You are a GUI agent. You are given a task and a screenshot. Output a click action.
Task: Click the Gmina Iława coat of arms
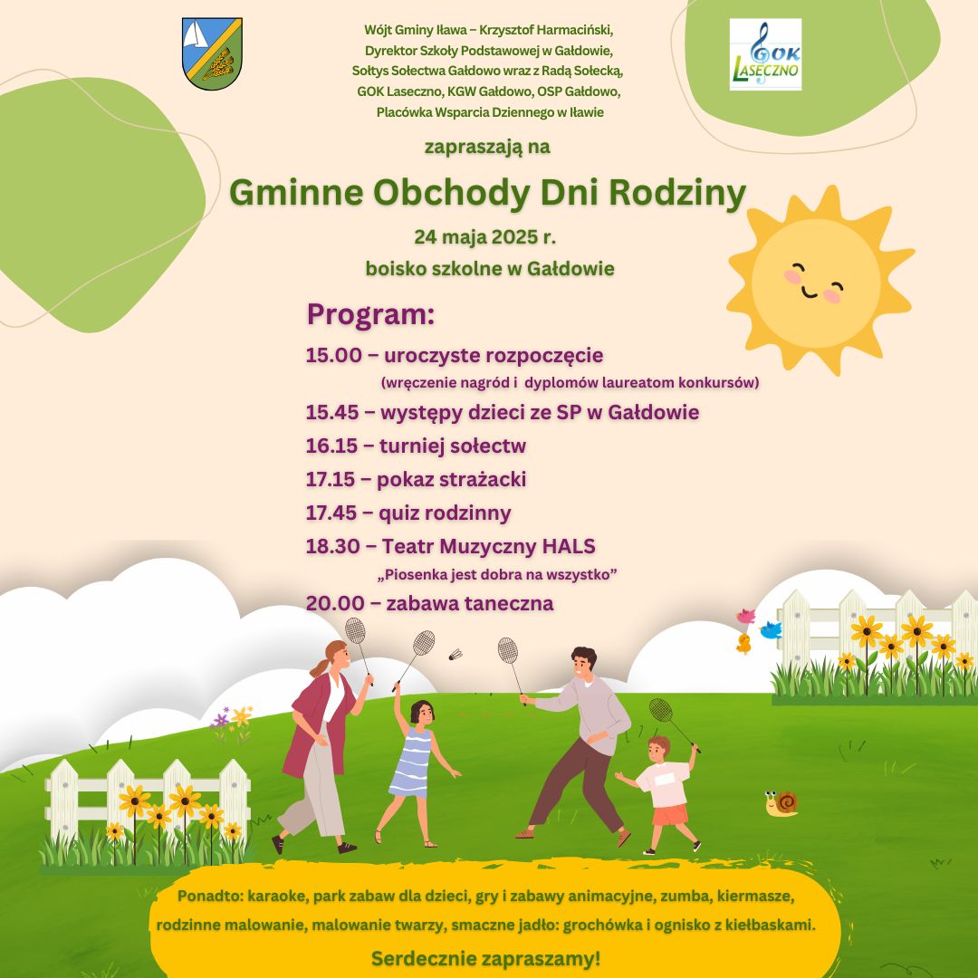[x=212, y=53]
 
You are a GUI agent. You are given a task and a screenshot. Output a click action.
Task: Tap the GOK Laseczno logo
[x=765, y=54]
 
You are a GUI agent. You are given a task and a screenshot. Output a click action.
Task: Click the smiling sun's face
[x=815, y=283]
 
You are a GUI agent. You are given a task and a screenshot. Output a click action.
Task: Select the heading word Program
[x=370, y=313]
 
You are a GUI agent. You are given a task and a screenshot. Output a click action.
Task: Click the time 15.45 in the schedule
[x=331, y=412]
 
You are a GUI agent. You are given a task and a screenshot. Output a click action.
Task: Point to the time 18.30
[x=332, y=546]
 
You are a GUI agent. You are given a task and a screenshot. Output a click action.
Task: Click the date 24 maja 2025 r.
[x=484, y=237]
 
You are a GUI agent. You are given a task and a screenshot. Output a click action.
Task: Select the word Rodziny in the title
[x=677, y=193]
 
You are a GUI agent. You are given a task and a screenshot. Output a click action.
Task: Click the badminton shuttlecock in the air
[x=455, y=655]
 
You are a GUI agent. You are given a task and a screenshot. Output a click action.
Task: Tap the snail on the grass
[x=781, y=803]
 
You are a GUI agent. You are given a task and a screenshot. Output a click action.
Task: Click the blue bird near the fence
[x=771, y=629]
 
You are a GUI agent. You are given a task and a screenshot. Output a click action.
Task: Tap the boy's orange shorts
[x=670, y=815]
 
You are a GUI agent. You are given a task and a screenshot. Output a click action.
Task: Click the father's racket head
[x=507, y=650]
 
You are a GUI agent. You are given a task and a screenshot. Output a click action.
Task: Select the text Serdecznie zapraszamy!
[x=486, y=958]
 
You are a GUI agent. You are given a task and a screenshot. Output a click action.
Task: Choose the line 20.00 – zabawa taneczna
[x=430, y=603]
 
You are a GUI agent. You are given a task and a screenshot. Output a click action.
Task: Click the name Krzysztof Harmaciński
[x=546, y=30]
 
